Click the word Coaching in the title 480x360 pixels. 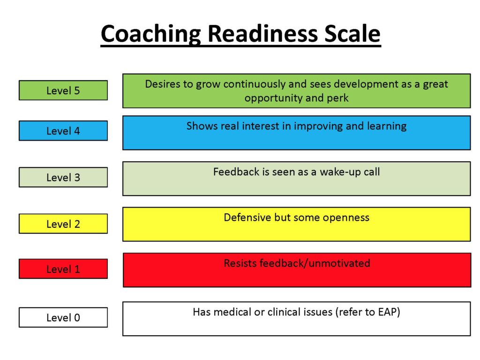pos(151,34)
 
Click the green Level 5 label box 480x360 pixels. pos(63,90)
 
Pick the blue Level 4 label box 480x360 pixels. pos(63,131)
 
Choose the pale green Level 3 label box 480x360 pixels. pos(63,177)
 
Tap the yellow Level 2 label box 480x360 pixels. pos(63,224)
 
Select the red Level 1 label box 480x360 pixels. pos(63,269)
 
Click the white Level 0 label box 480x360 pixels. pos(63,317)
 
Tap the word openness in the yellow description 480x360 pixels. pos(346,218)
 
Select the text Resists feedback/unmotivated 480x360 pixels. pos(297,263)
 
